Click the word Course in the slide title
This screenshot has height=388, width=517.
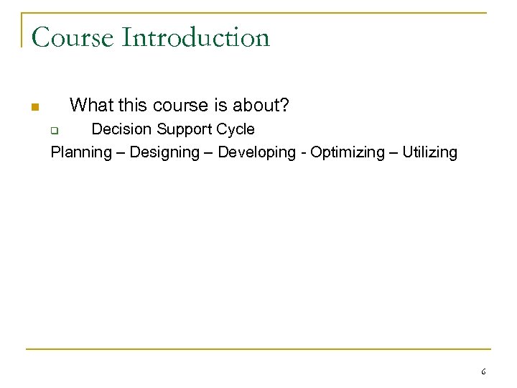click(72, 37)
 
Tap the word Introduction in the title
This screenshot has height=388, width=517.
click(195, 37)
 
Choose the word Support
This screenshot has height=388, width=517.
click(186, 129)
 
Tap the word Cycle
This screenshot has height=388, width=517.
click(237, 129)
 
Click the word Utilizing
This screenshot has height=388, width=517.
click(429, 152)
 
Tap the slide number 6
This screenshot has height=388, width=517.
click(483, 371)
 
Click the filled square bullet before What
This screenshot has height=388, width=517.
click(34, 108)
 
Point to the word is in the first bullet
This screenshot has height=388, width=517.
click(219, 106)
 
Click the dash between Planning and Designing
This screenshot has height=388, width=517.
click(121, 152)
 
